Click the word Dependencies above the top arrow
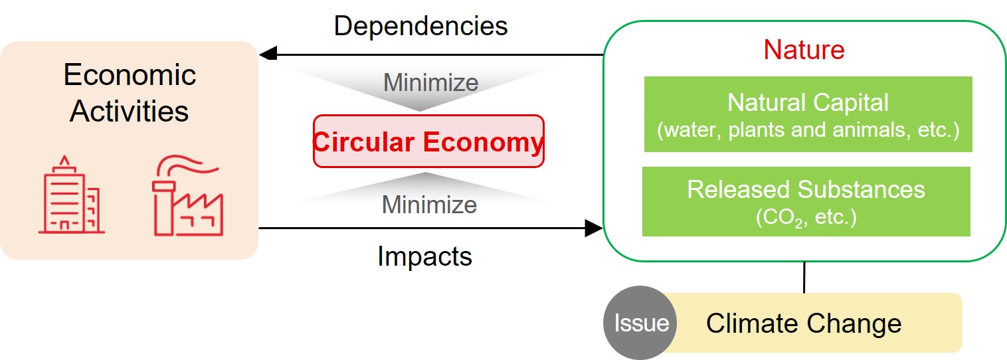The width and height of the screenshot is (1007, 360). (420, 26)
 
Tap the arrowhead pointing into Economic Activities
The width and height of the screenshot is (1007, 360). (268, 54)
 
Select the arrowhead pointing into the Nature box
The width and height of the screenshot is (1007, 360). (593, 228)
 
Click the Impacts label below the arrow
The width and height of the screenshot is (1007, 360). (424, 256)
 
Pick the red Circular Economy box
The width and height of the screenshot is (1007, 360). (428, 141)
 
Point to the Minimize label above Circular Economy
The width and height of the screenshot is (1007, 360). (430, 83)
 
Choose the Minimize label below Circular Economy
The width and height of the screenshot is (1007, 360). (429, 205)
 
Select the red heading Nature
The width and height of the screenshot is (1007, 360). (803, 50)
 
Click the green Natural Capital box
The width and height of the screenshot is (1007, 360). (808, 114)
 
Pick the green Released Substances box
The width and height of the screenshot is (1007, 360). (806, 201)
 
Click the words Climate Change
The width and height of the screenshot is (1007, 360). (804, 323)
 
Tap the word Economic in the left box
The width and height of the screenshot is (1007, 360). (130, 75)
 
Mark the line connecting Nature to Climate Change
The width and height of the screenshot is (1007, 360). (804, 277)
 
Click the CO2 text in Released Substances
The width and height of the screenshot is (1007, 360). (775, 218)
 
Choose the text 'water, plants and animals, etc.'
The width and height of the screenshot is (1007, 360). (808, 130)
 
